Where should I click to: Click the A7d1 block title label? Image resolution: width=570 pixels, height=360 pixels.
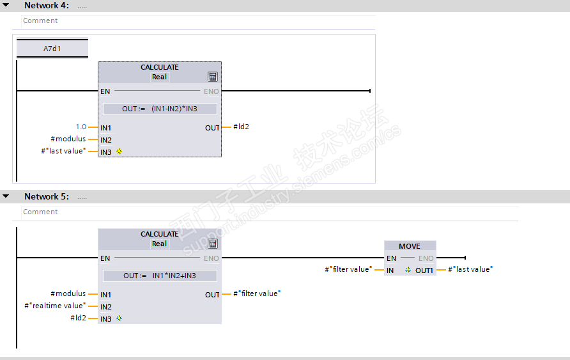[x=52, y=48]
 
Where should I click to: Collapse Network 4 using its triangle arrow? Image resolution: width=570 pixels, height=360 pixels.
[x=6, y=5]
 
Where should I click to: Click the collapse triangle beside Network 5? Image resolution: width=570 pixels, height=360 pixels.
[x=6, y=196]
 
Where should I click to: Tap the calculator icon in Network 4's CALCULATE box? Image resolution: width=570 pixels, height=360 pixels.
[x=213, y=77]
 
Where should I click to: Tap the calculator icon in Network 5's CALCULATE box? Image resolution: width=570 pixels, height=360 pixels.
[x=213, y=244]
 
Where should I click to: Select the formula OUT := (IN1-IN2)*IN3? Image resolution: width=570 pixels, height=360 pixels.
[x=160, y=109]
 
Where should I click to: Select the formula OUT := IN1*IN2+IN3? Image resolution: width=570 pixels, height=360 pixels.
[x=160, y=276]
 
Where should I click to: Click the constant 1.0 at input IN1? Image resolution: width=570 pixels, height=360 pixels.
[x=81, y=127]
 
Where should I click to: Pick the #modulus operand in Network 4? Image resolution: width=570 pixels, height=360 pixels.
[x=68, y=139]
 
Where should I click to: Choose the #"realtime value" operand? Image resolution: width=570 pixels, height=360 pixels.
[x=55, y=306]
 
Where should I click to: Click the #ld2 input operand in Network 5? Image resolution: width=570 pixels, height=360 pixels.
[x=78, y=318]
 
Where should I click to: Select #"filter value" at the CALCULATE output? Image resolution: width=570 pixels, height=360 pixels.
[x=257, y=293]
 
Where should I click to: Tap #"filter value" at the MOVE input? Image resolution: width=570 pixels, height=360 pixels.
[x=348, y=269]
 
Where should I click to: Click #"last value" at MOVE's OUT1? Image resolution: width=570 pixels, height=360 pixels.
[x=470, y=269]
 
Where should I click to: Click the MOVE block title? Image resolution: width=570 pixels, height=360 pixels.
[x=410, y=246]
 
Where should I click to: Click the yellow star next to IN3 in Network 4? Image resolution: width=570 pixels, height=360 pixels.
[x=119, y=152]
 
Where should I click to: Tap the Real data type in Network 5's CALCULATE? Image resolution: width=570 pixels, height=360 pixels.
[x=159, y=244]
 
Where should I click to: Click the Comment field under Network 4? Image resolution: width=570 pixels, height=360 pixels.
[x=192, y=20]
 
